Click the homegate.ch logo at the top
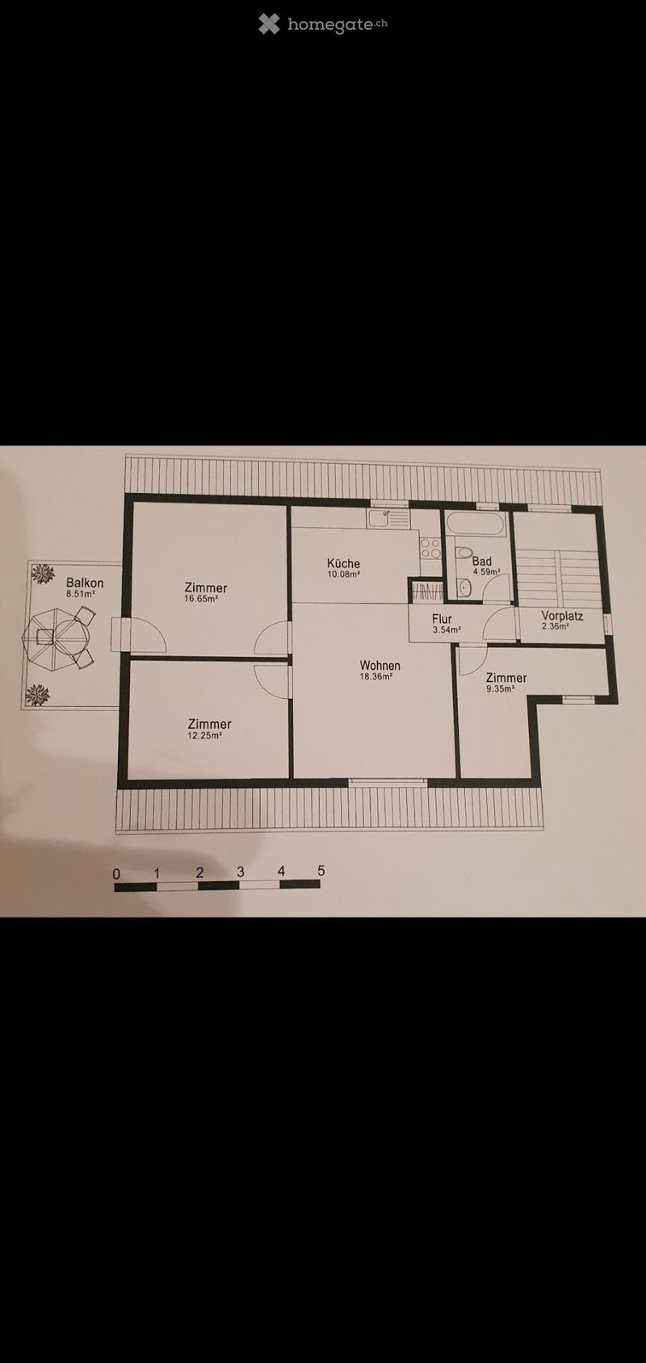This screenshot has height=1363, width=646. coord(323,24)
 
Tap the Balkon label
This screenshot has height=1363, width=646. coord(85,583)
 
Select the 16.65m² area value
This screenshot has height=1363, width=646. coord(202,598)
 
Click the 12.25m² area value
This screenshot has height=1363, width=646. coord(204,735)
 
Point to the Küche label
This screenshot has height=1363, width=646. coord(343,563)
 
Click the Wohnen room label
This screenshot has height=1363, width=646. coord(380,665)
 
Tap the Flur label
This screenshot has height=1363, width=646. coord(442,620)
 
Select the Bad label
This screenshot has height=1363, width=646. coord(481,561)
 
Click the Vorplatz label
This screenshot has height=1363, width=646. coord(562,616)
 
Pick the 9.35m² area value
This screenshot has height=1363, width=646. coord(500,689)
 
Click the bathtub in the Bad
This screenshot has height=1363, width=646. coord(475,525)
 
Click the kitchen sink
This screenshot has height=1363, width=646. coord(388,518)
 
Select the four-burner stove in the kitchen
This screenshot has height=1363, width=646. coord(431,548)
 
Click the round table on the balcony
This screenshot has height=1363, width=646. coord(56,637)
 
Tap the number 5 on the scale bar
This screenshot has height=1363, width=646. coord(321,870)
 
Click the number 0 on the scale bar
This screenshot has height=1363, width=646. coord(117,874)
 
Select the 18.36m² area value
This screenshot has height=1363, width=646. coord(375,675)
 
